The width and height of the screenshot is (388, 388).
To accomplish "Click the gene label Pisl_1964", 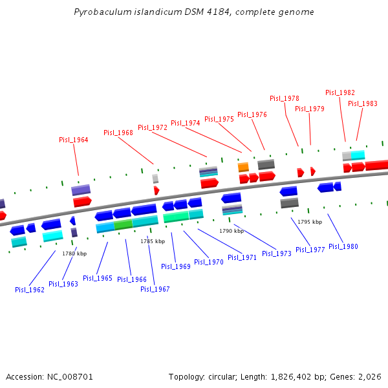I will tap(74, 140).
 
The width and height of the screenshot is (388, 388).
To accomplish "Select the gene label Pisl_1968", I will tap(118, 133).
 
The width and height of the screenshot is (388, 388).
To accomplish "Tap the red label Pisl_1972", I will tap(153, 127).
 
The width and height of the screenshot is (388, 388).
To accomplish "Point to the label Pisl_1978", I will tap(285, 98).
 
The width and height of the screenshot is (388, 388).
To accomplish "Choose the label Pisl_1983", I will tap(363, 103).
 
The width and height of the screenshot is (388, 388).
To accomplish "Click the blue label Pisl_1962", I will tap(30, 290).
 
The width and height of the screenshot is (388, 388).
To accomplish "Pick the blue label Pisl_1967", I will tap(155, 289).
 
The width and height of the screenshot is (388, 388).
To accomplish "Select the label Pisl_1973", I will tap(277, 253).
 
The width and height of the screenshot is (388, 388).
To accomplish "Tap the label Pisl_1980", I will tap(343, 246).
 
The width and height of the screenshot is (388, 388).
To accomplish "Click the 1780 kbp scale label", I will tap(74, 253).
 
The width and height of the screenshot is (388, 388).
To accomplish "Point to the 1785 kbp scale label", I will tap(153, 241).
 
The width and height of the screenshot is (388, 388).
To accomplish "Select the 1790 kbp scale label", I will tap(232, 230).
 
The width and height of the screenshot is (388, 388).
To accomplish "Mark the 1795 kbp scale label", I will tap(310, 222).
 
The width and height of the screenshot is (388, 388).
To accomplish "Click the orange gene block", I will tap(243, 167).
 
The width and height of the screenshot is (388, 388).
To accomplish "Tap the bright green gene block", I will tap(123, 225).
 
